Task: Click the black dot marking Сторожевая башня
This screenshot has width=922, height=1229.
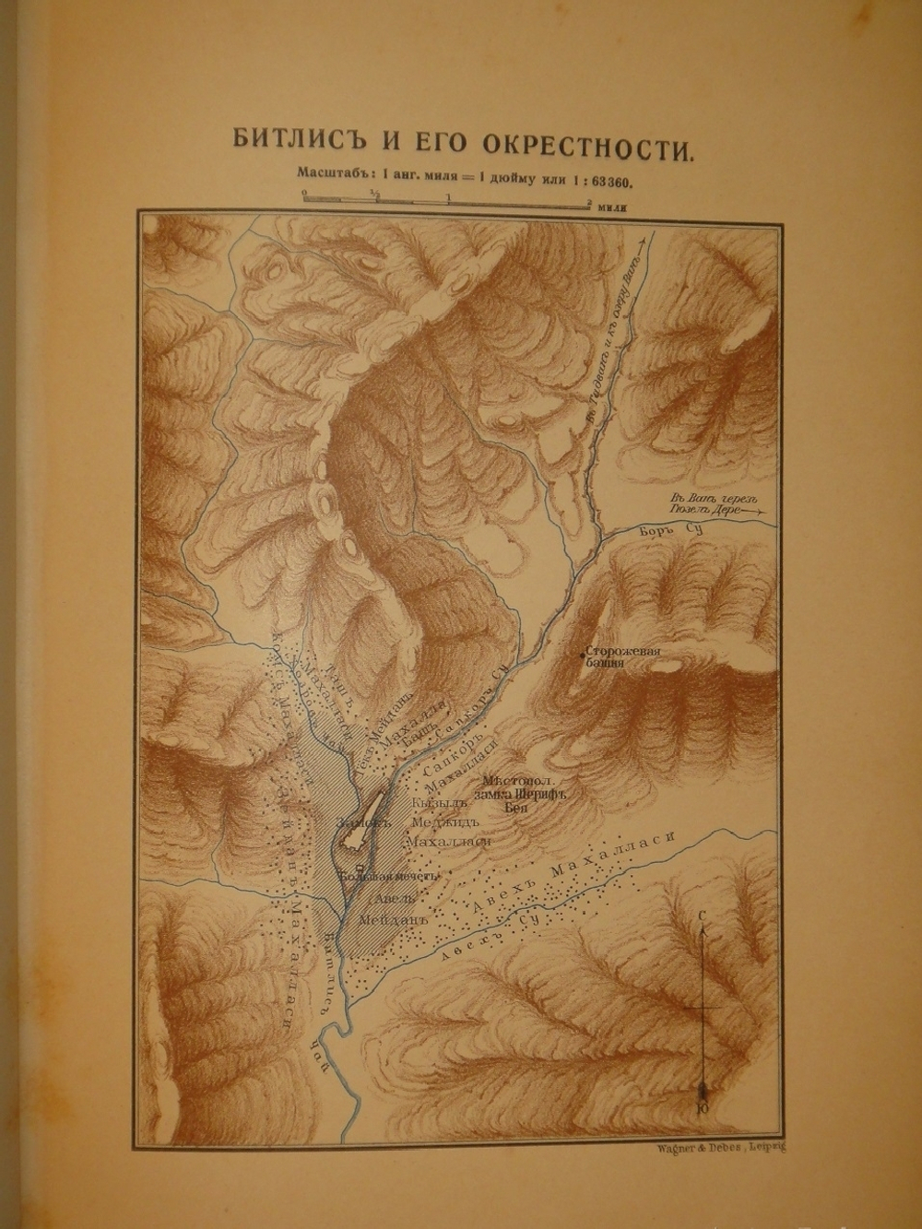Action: (582, 655)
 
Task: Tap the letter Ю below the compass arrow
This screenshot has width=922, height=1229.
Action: (704, 1106)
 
